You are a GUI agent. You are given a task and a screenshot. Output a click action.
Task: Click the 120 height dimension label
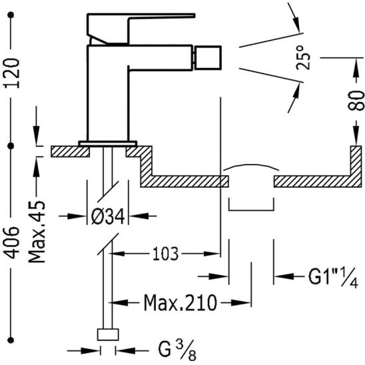pyautogui.click(x=11, y=73)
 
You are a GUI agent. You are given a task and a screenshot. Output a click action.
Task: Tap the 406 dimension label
pyautogui.click(x=11, y=242)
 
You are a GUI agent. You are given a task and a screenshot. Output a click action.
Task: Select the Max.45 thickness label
pyautogui.click(x=37, y=232)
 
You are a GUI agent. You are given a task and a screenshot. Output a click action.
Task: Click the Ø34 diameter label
pyautogui.click(x=108, y=216)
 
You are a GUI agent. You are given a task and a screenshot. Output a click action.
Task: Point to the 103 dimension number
pyautogui.click(x=165, y=254)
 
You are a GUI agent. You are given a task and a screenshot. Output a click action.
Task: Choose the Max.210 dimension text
pyautogui.click(x=181, y=302)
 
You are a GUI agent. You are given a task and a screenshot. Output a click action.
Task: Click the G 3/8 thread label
pyautogui.click(x=177, y=351)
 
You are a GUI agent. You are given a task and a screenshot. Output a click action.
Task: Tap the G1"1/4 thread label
pyautogui.click(x=333, y=277)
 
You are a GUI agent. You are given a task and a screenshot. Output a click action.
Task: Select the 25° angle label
pyautogui.click(x=303, y=57)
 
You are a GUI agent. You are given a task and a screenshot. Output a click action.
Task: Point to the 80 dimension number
pyautogui.click(x=356, y=100)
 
